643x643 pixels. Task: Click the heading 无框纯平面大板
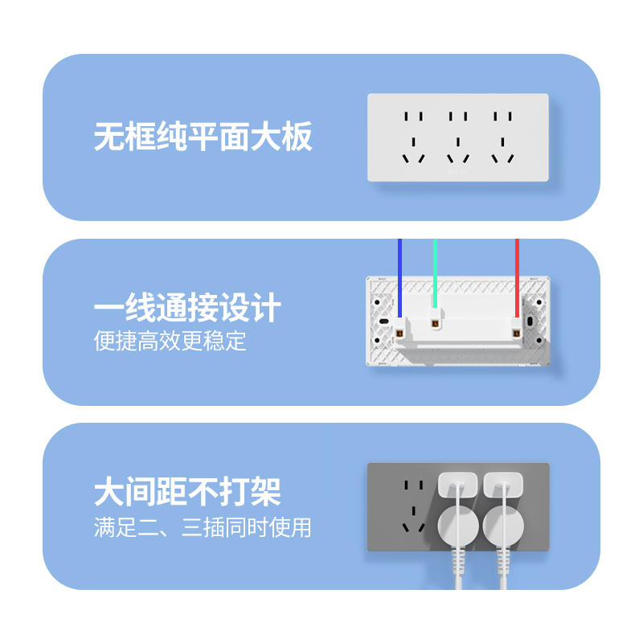pos(203,137)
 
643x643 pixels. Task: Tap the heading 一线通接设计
pos(187,309)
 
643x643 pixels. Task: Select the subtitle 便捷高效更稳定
pos(170,341)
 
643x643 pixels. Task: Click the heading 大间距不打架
pos(187,491)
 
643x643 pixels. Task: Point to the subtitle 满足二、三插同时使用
pos(202,528)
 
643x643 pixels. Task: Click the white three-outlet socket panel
pos(458,137)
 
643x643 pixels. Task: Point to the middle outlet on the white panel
pos(458,134)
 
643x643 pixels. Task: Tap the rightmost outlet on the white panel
pos(502,134)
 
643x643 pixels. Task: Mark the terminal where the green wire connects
pos(435,324)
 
